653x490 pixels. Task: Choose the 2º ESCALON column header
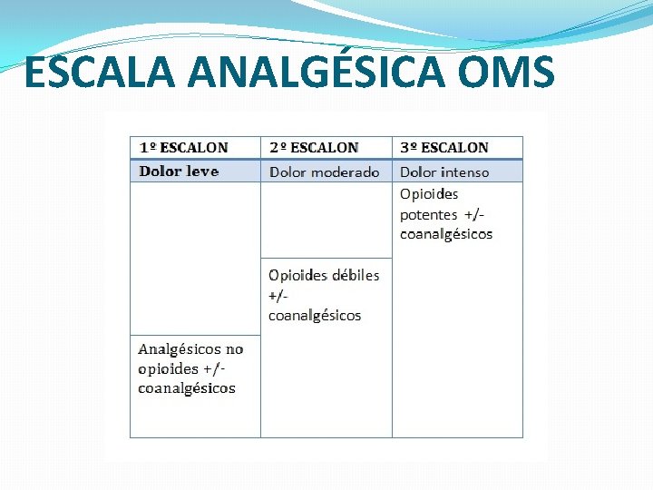tap(313, 147)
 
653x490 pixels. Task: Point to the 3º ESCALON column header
tap(443, 147)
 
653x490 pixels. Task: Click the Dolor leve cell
tap(179, 171)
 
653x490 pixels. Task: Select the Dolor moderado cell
tap(324, 171)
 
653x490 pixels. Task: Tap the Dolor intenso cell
tap(443, 171)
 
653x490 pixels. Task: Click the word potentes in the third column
tap(428, 214)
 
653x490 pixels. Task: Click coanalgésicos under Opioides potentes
tap(446, 234)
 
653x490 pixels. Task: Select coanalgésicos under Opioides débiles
tap(315, 316)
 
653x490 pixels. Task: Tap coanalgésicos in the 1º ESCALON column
tap(186, 388)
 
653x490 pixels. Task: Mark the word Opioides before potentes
tap(429, 194)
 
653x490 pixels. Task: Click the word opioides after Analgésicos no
tap(168, 368)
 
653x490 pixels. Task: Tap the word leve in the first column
tap(202, 171)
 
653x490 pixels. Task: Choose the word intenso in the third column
tap(464, 171)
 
